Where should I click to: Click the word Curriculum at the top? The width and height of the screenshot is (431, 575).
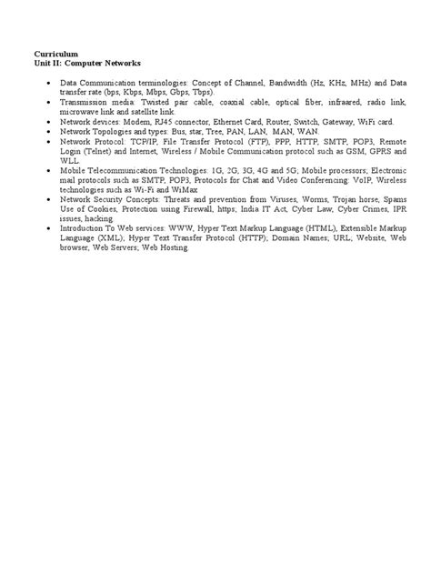coord(55,55)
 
